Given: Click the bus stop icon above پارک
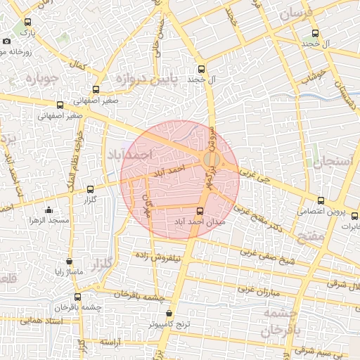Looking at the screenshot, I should [x=27, y=22].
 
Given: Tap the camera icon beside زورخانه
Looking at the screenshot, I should [x=6, y=41].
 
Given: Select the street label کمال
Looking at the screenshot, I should [x=79, y=64].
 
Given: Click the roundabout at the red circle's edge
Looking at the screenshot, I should [x=211, y=161].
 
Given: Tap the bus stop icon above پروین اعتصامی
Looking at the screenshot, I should [x=321, y=201].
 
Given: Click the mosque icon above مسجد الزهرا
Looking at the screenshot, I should [x=49, y=210].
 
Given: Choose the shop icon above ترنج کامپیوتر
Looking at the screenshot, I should [x=169, y=314].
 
